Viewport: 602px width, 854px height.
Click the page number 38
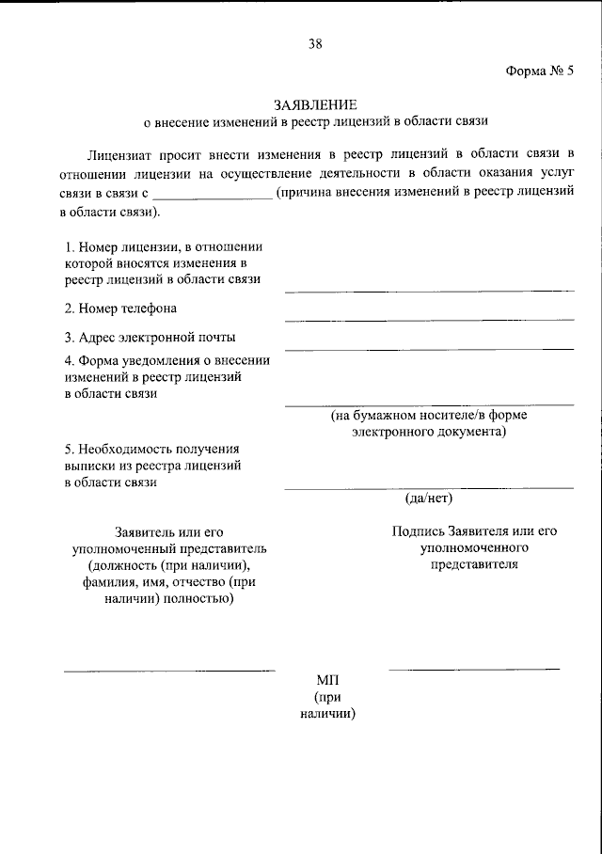tap(315, 42)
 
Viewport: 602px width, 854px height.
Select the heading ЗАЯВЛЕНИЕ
tap(315, 103)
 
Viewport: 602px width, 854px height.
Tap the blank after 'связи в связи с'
tap(213, 193)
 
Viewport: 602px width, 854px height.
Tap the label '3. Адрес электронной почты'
tap(150, 337)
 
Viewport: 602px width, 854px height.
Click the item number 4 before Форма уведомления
tap(69, 360)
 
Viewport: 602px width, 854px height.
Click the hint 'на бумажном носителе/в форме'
tap(429, 416)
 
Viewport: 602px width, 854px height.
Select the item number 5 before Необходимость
tap(69, 449)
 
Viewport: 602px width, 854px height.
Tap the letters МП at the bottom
tap(327, 680)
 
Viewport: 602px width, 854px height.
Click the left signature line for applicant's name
tap(169, 670)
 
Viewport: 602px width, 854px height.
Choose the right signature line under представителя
tap(474, 668)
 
